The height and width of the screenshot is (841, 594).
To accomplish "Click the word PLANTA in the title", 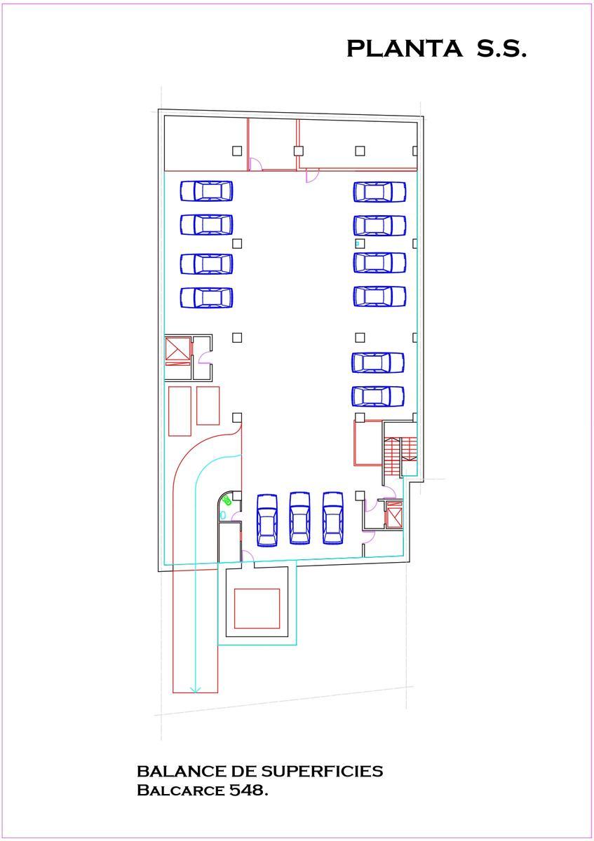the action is [404, 48].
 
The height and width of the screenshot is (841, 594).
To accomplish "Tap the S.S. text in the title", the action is [501, 48].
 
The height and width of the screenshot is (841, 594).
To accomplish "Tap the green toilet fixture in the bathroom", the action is [227, 500].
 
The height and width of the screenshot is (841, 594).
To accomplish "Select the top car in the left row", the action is [206, 191].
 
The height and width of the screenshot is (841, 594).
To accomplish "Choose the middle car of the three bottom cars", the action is [299, 519].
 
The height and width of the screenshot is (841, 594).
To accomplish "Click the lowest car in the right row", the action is [378, 397].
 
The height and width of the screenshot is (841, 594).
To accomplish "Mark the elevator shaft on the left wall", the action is [177, 351].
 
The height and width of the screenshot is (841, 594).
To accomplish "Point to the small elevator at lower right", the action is [393, 514].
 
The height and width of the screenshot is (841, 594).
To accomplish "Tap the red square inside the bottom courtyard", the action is [257, 608].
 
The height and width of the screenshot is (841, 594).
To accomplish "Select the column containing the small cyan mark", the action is [360, 243].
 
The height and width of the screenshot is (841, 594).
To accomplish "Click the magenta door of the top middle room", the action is [256, 164].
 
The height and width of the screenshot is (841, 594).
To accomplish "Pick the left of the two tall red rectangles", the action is [180, 411].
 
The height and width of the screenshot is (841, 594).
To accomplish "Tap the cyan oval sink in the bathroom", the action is [222, 516].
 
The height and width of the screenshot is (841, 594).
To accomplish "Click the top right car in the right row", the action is [379, 191].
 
